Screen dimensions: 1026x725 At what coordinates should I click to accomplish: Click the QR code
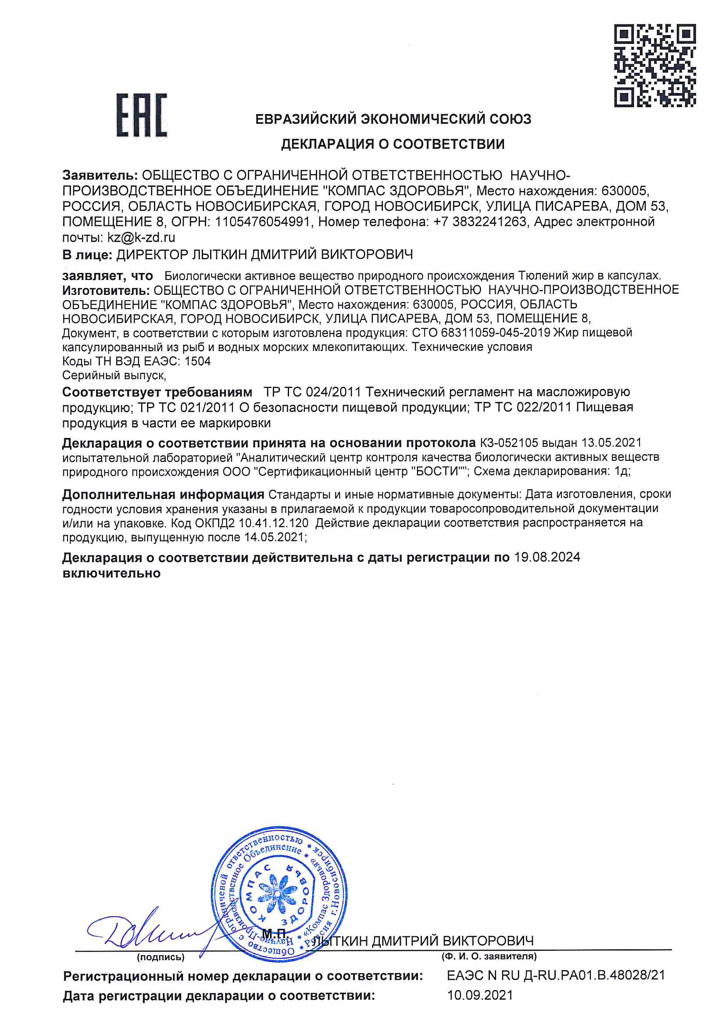click(x=654, y=66)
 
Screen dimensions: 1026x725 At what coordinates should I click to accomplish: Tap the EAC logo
click(x=142, y=115)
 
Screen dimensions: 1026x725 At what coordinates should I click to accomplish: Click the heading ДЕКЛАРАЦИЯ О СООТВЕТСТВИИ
click(x=393, y=144)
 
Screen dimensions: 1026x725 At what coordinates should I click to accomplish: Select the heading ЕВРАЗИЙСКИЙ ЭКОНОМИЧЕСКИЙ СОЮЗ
click(x=393, y=119)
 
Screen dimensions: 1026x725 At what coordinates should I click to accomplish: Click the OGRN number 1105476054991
click(x=263, y=222)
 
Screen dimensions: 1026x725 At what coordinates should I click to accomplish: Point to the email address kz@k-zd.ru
click(x=141, y=237)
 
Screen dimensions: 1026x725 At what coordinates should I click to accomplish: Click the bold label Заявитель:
click(x=100, y=176)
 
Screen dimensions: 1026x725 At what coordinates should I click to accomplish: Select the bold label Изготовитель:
click(x=106, y=291)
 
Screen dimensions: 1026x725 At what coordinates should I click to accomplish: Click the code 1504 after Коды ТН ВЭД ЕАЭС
click(x=197, y=361)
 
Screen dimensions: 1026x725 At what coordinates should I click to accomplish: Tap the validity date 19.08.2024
click(x=547, y=557)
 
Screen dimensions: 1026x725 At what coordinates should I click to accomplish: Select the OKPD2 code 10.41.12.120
click(x=273, y=523)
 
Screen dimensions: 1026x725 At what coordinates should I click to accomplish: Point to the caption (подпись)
click(x=161, y=957)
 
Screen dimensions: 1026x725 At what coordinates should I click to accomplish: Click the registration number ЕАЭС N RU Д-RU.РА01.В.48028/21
click(x=556, y=975)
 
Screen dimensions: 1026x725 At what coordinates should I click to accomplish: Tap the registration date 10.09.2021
click(x=480, y=995)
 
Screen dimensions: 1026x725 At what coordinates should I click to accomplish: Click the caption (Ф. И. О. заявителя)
click(x=489, y=956)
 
